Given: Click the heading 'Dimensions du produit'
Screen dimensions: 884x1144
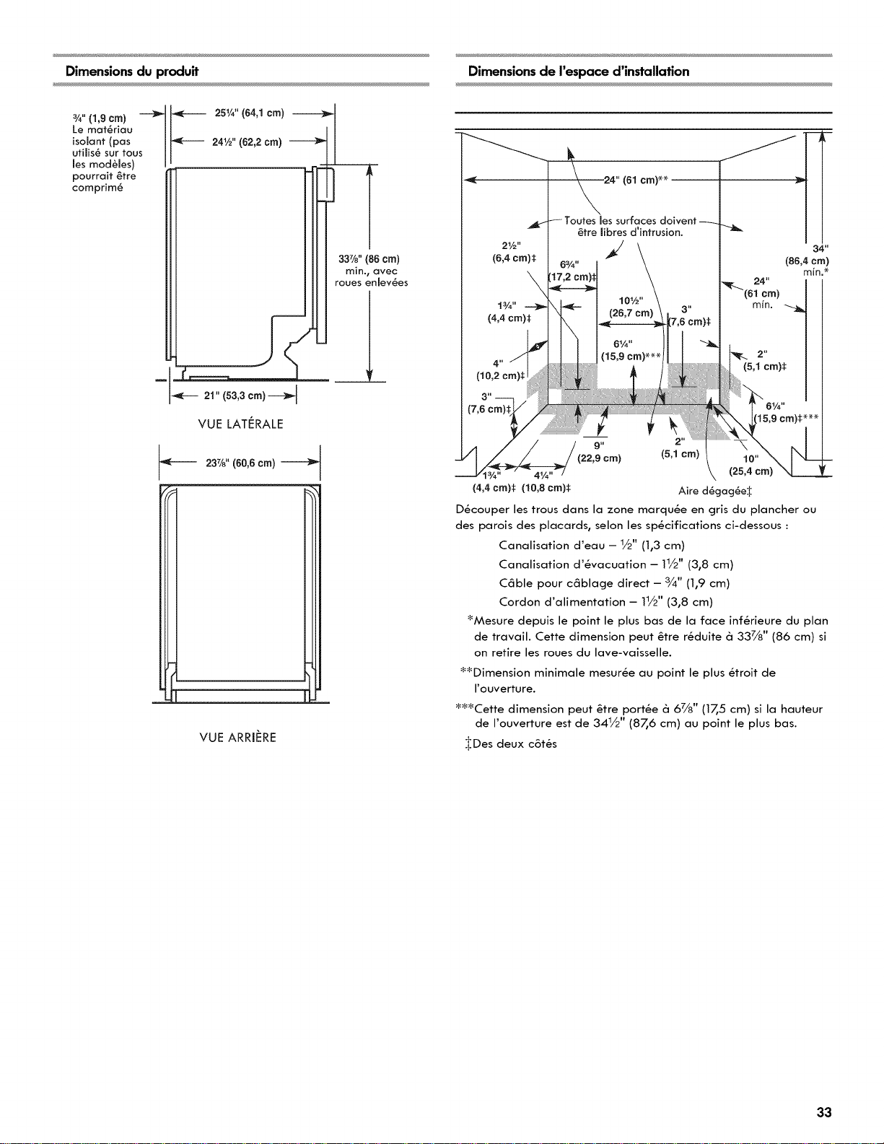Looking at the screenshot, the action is click(x=132, y=71).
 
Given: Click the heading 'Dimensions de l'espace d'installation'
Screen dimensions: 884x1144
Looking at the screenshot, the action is click(x=579, y=71).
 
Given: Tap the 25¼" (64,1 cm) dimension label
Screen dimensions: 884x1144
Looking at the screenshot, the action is click(x=250, y=113).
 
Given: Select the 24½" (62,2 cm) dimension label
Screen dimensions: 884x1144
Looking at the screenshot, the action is click(x=247, y=141).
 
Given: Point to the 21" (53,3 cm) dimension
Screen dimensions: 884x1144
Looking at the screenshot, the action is click(x=235, y=396).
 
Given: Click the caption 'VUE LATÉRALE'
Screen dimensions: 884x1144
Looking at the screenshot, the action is click(x=241, y=424).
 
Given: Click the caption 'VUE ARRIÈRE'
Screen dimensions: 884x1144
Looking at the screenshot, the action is click(x=238, y=737).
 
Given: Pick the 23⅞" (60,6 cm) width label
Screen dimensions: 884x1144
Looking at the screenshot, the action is click(x=240, y=463).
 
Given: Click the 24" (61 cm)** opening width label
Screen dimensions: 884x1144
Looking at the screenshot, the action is click(x=636, y=180).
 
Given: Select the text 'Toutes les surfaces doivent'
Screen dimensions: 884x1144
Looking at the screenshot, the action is click(x=631, y=221).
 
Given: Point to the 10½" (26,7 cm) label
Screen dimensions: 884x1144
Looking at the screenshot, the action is click(x=631, y=307).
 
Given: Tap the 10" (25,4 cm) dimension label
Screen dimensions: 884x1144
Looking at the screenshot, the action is click(x=750, y=465).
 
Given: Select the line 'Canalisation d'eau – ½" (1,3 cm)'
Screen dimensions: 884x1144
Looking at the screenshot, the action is click(x=592, y=545).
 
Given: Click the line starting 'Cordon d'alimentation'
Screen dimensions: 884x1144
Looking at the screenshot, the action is click(x=605, y=602).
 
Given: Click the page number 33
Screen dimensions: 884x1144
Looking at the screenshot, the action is click(x=824, y=1079).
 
